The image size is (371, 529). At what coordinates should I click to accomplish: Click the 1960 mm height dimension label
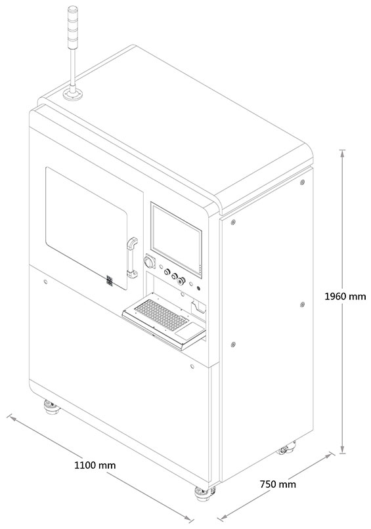click(x=345, y=296)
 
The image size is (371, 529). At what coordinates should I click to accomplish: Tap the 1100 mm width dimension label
click(x=95, y=465)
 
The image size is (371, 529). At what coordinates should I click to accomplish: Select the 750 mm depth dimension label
click(x=278, y=484)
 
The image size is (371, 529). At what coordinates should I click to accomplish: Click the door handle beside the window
click(x=132, y=258)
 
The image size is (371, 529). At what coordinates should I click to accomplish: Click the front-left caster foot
click(x=52, y=407)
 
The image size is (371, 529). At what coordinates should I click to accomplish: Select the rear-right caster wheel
click(x=286, y=448)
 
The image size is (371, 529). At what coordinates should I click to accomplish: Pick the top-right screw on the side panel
click(x=302, y=182)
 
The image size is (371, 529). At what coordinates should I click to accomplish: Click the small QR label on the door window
click(x=110, y=280)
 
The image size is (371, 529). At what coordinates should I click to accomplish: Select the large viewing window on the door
click(x=87, y=228)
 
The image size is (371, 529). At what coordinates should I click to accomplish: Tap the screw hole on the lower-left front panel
click(x=45, y=282)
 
